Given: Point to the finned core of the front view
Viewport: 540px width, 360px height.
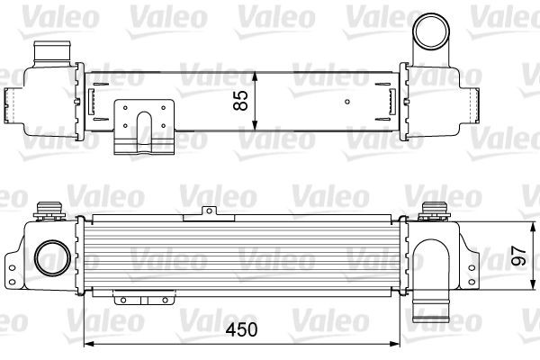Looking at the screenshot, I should (x=243, y=256).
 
